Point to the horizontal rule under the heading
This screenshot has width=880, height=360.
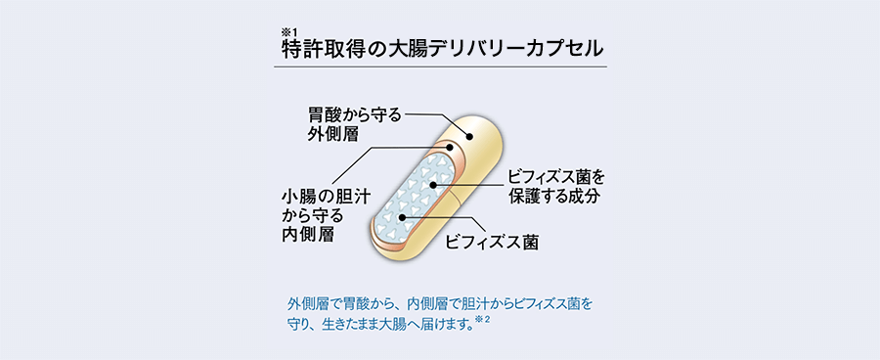[x=440, y=67]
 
